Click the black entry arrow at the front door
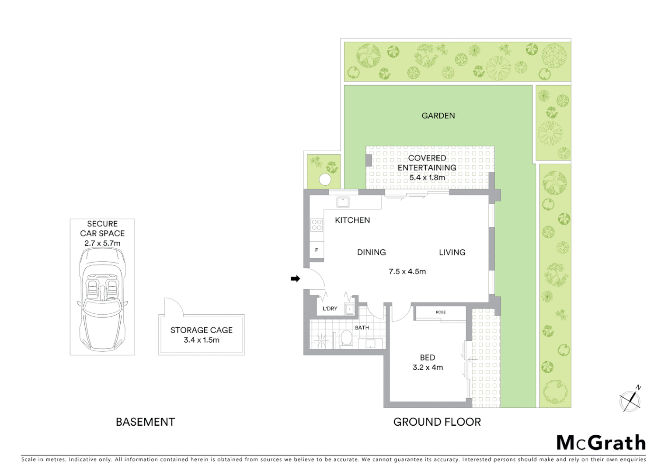point(296,279)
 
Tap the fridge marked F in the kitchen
point(317,250)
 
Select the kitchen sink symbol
point(343,202)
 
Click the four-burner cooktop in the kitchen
point(317,225)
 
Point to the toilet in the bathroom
point(346,339)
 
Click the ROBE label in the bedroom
point(441,312)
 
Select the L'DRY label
point(330,309)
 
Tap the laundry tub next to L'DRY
point(349,309)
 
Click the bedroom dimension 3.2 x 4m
point(428,368)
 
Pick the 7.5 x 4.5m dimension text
point(407,271)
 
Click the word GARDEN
point(438,116)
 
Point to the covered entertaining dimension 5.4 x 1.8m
point(427,177)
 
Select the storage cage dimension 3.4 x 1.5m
point(202,340)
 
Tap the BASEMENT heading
point(145,422)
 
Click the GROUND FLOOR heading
point(437,422)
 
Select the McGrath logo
point(601,443)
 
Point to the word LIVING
point(452,252)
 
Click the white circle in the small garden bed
point(325,179)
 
